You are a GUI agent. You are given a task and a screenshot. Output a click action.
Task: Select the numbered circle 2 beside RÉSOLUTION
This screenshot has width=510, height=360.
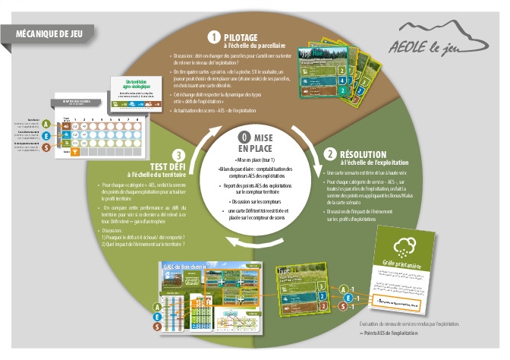coord(331,153)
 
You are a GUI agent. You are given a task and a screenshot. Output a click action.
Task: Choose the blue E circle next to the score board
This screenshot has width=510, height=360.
coord(47,136)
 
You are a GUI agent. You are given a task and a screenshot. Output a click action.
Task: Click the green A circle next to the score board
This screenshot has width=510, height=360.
coord(47,124)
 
